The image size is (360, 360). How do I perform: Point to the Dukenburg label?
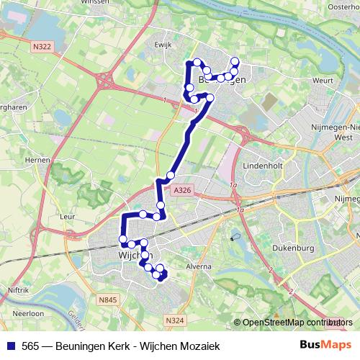click(x=294, y=248)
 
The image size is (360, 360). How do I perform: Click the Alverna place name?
click(x=199, y=266)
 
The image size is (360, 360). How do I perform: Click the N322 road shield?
click(x=42, y=47)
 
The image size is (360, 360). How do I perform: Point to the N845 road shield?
click(x=108, y=299)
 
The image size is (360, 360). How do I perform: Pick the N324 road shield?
click(x=173, y=320)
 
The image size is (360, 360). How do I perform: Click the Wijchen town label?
click(x=132, y=255)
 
